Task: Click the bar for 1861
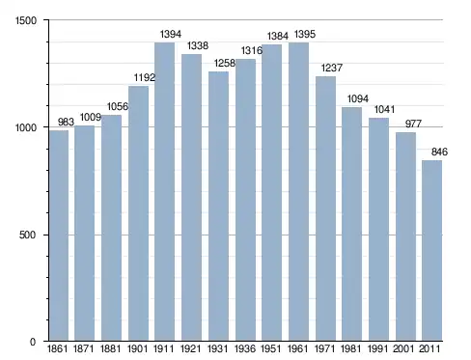[x=59, y=235]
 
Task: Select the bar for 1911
[x=164, y=192]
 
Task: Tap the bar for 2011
[x=431, y=251]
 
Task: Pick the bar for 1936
[x=245, y=200]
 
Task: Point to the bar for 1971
[x=325, y=208]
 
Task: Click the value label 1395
[x=305, y=34]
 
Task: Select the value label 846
[x=439, y=152]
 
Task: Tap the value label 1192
[x=145, y=77]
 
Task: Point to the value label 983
[x=66, y=122]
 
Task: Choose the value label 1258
[x=225, y=64]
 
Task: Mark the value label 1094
[x=358, y=98]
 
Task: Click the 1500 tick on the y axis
[x=26, y=20]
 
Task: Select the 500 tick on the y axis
[x=27, y=235]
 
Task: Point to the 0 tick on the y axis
[x=33, y=342]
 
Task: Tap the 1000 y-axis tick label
[x=26, y=127]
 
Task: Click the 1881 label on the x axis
[x=111, y=349]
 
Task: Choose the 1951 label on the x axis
[x=271, y=349]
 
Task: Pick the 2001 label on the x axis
[x=403, y=349]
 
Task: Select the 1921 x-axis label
[x=191, y=349]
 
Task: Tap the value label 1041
[x=384, y=110]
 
